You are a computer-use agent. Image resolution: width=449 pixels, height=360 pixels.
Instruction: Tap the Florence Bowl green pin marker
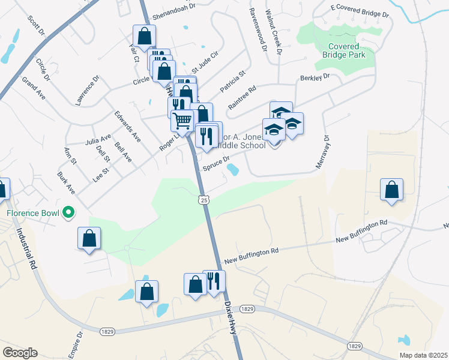pyautogui.click(x=69, y=212)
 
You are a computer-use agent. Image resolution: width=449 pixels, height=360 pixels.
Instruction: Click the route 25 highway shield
pyautogui.click(x=204, y=200)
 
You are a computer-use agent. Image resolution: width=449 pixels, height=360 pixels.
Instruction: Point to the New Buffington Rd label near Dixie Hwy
pyautogui.click(x=252, y=256)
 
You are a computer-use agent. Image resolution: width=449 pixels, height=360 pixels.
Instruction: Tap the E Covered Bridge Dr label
pyautogui.click(x=360, y=12)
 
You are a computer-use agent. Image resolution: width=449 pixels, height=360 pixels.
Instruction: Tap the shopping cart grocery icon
pyautogui.click(x=182, y=120)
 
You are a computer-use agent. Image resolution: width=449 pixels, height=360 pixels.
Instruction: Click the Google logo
pyautogui.click(x=20, y=353)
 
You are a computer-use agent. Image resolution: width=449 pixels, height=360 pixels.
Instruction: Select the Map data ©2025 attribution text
pyautogui.click(x=423, y=355)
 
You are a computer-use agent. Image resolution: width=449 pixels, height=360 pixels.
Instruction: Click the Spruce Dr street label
pyautogui.click(x=217, y=163)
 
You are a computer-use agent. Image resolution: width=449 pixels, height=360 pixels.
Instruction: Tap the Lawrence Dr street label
pyautogui.click(x=86, y=91)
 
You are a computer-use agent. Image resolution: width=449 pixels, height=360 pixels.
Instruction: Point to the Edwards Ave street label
pyautogui.click(x=128, y=127)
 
